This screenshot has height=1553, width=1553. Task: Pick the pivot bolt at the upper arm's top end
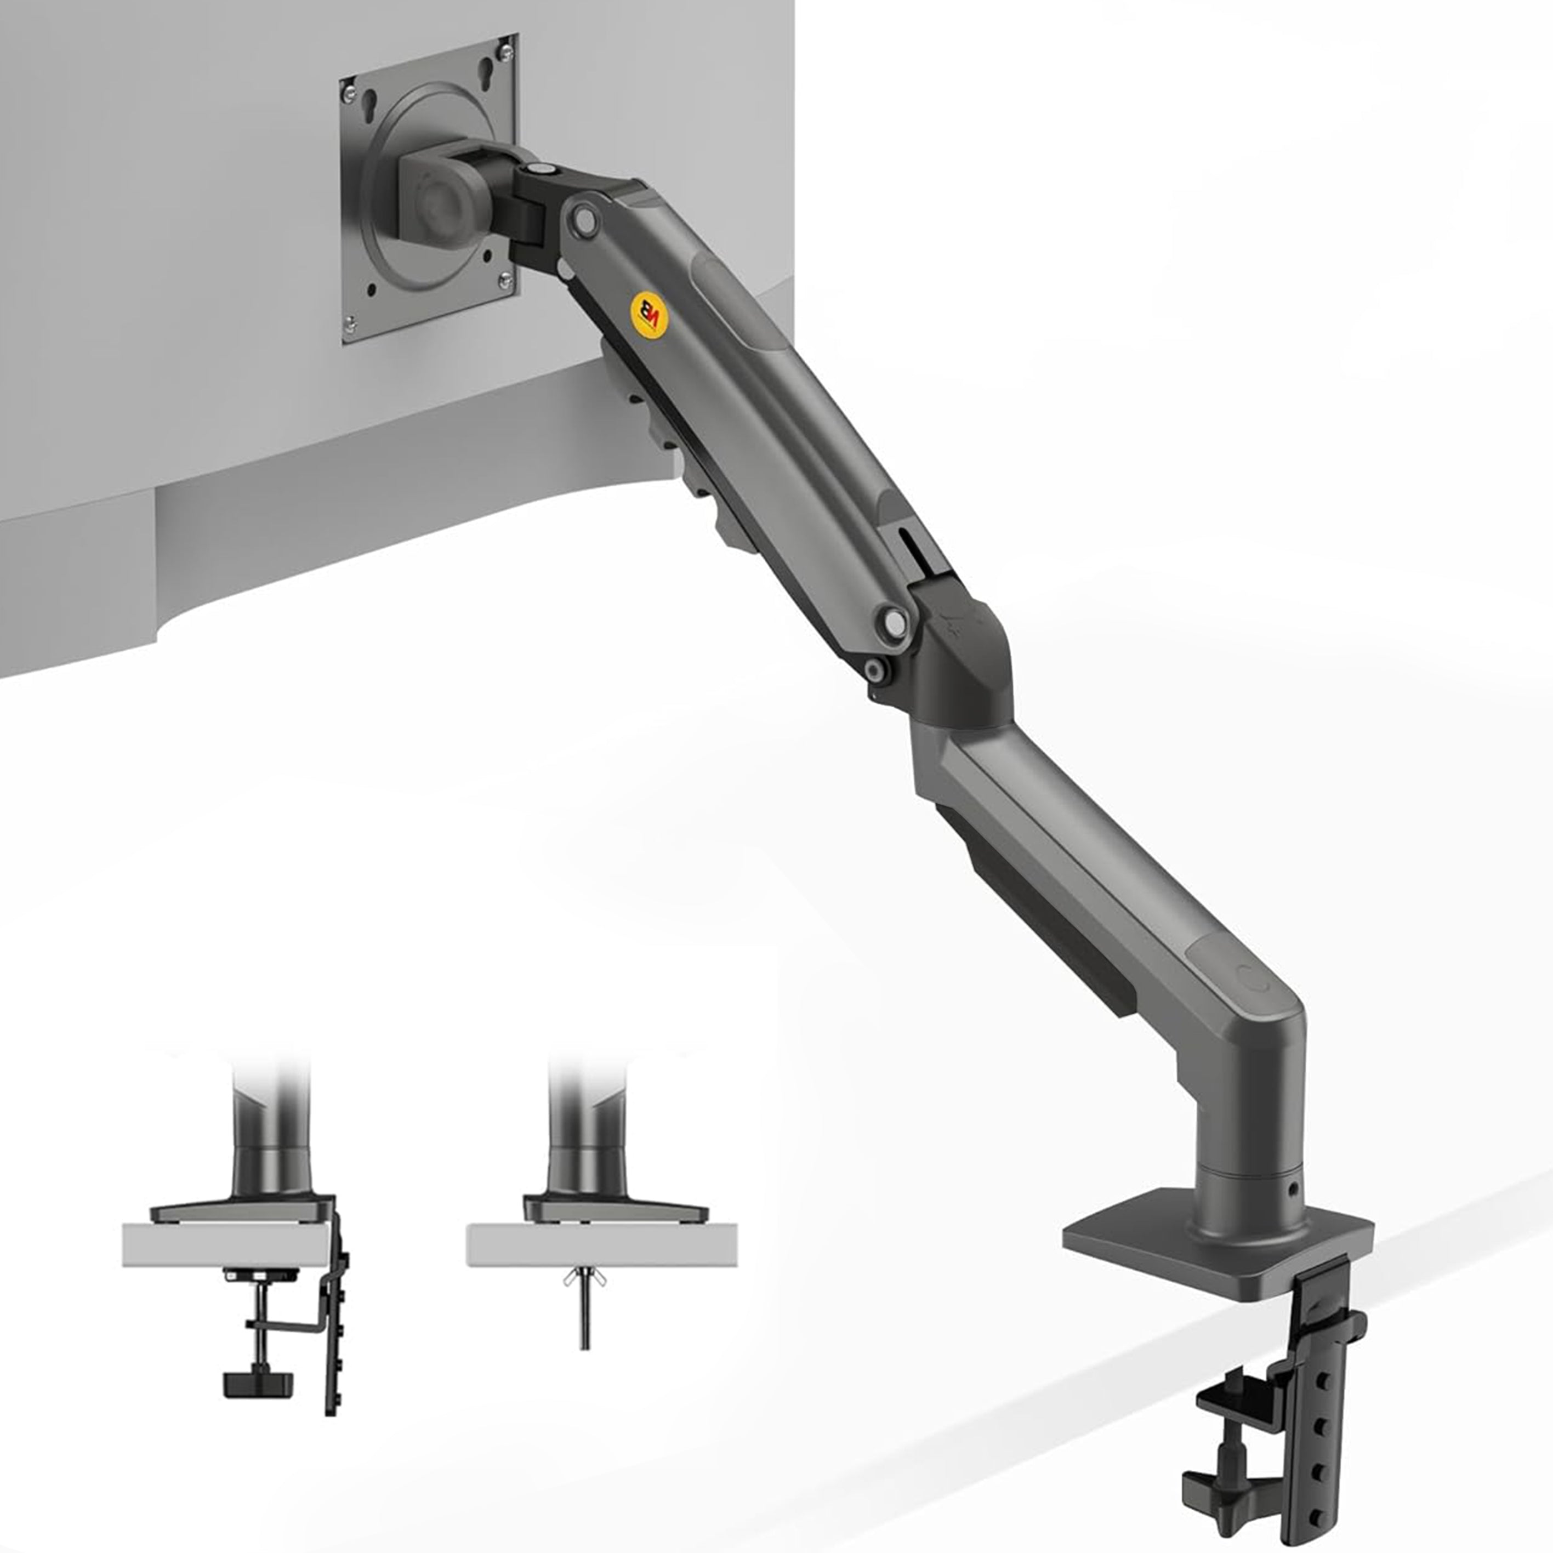coord(584,219)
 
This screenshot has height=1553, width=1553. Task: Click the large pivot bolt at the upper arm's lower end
coord(892,620)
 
